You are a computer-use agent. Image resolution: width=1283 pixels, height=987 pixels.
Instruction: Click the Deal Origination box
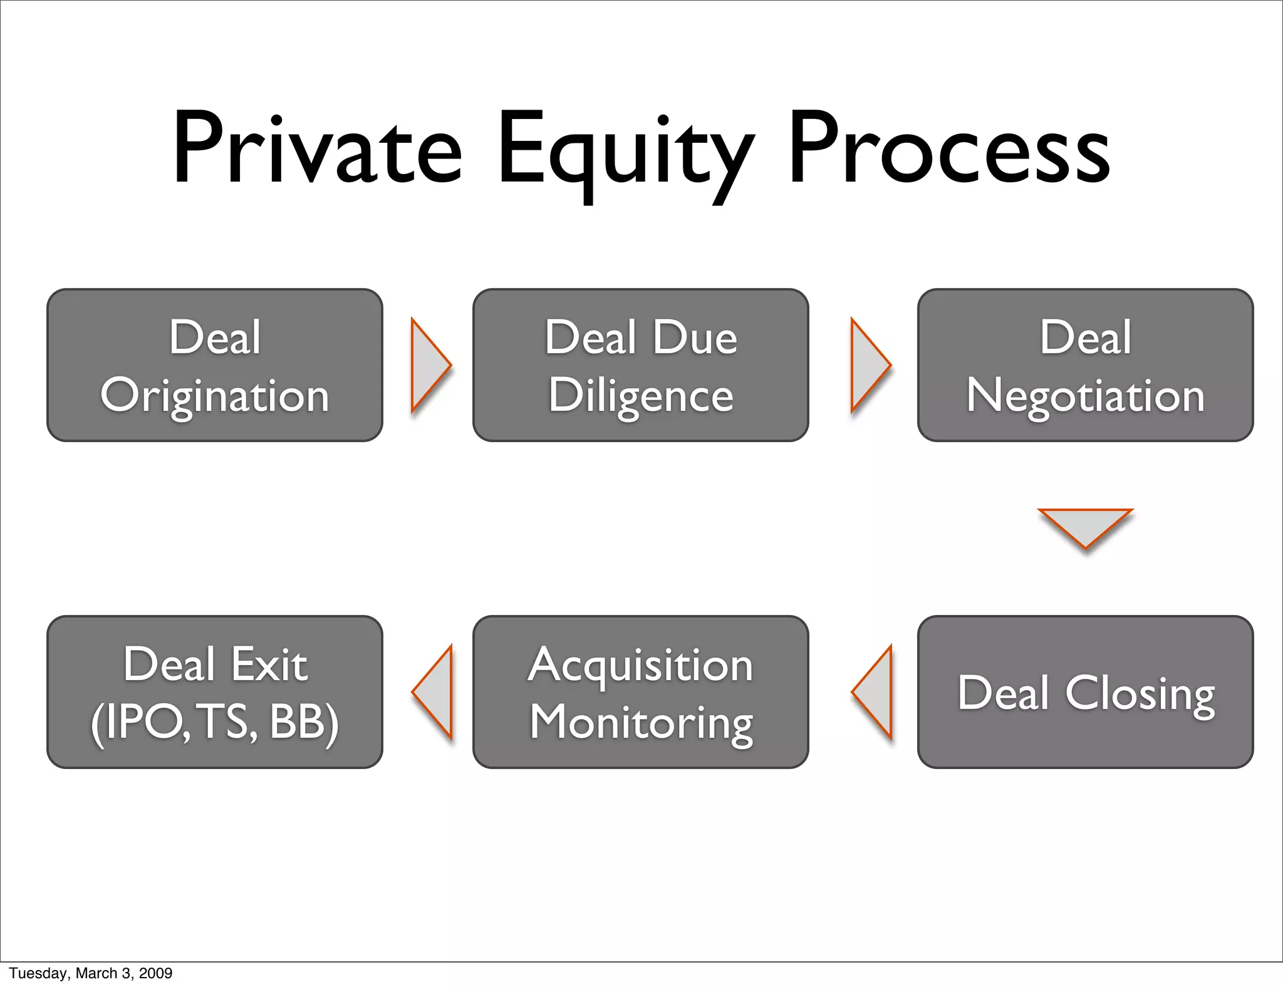point(215,365)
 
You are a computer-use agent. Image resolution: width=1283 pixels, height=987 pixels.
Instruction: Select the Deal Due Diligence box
point(640,365)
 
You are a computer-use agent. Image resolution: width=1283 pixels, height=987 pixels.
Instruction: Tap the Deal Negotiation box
point(1085,365)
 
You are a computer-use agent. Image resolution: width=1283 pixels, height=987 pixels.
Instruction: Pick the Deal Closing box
point(1085,692)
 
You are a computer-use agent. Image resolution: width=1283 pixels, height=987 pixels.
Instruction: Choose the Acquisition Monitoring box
point(640,692)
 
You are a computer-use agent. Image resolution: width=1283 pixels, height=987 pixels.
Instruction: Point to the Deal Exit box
point(215,692)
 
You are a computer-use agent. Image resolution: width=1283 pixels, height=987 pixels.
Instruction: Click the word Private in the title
point(316,148)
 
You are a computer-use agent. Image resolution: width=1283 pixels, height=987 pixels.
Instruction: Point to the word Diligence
point(640,396)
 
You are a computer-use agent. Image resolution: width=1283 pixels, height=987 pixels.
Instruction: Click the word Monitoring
point(641,723)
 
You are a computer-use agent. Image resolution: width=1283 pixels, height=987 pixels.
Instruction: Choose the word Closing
point(1140,694)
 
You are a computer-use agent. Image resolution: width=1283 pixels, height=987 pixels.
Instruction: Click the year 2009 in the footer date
point(155,973)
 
